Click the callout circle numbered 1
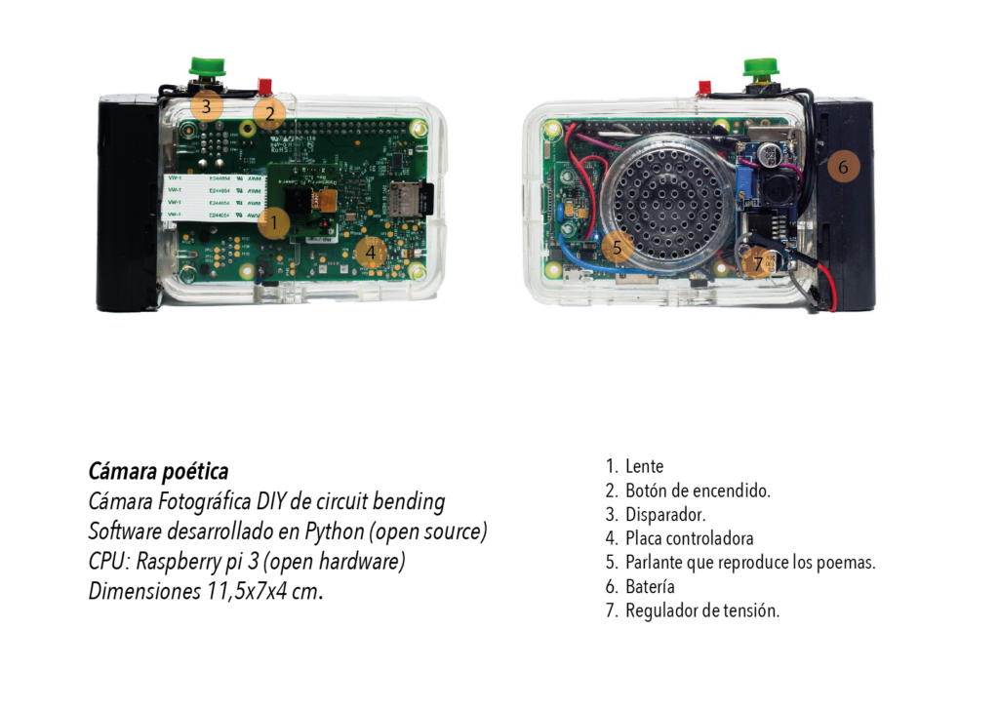[274, 223]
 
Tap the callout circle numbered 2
[269, 114]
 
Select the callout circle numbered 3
[206, 105]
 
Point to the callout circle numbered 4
[370, 253]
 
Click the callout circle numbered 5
[617, 247]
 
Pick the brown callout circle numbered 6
[843, 167]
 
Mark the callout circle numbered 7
[757, 263]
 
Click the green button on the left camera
[208, 66]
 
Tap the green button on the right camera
[761, 67]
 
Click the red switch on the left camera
[264, 85]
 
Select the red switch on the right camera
[704, 87]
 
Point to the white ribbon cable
[213, 197]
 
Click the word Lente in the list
[644, 466]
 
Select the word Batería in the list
[650, 586]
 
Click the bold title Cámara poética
[158, 472]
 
